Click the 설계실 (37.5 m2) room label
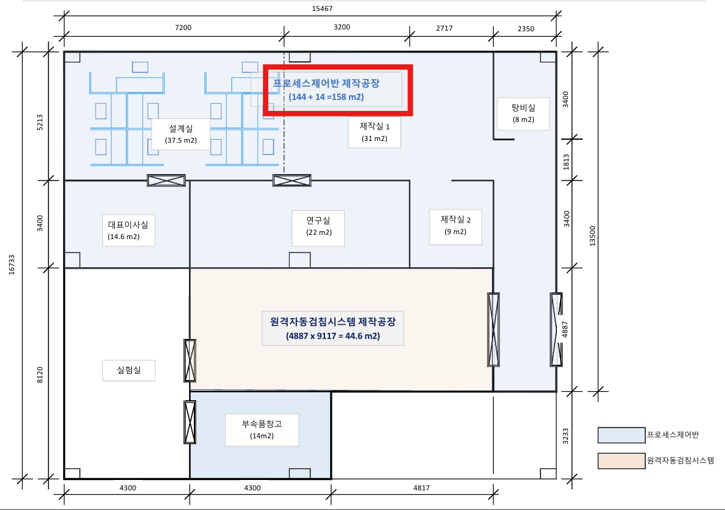point(181,134)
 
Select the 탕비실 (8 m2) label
point(523,113)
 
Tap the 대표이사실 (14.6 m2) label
point(129,230)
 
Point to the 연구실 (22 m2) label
point(318,226)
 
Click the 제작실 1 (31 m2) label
point(375,132)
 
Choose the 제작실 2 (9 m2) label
point(456,226)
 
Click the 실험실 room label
point(129,370)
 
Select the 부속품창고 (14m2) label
point(262,430)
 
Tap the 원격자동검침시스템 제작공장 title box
point(333,329)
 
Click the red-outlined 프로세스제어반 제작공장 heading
point(338,90)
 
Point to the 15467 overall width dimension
point(322,9)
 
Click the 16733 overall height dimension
point(12,265)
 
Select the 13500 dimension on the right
point(593,235)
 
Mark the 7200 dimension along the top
point(183,28)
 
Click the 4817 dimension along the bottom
point(421,488)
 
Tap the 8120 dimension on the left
point(40,375)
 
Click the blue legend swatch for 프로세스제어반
point(621,435)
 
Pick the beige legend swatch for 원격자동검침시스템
point(621,461)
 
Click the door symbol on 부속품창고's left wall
point(190,422)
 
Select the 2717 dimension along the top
point(444,28)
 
